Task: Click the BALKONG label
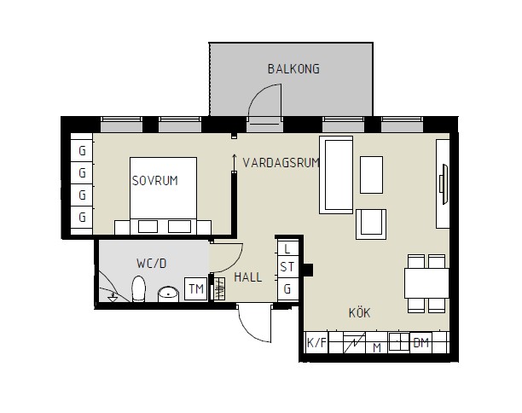pos(293,69)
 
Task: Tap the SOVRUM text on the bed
pos(154,181)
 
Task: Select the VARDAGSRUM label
pos(281,162)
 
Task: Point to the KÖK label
pos(359,312)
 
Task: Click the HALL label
pos(247,277)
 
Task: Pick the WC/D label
pos(151,264)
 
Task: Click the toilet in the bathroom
pos(138,288)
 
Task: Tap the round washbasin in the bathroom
pos(168,294)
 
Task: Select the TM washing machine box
pos(196,288)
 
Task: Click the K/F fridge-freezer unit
pos(316,342)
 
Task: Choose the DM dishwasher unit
pos(420,342)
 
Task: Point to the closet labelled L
pos(287,248)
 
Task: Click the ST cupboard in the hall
pos(287,267)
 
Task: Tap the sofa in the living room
pos(336,175)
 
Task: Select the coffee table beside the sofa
pos(371,175)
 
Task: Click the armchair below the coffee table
pos(371,224)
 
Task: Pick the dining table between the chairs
pos(426,283)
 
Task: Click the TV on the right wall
pos(444,183)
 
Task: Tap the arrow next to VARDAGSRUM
pos(235,162)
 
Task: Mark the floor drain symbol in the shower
pos(113,298)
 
